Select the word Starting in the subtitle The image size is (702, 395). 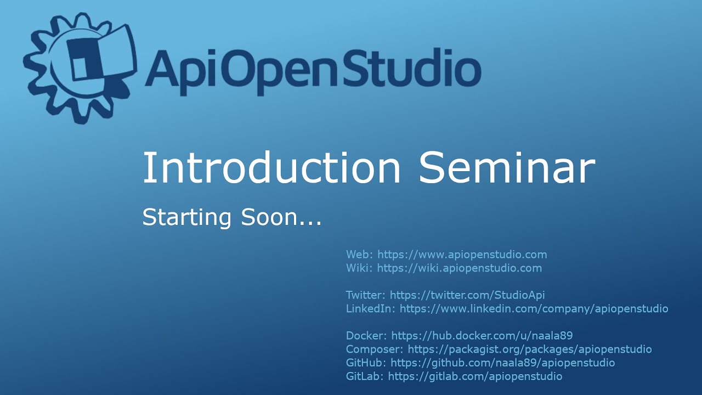[187, 218]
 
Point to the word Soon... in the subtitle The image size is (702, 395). [281, 218]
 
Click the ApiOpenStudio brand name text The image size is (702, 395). [313, 68]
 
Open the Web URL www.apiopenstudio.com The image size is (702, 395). [462, 255]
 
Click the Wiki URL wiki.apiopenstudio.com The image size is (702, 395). [459, 268]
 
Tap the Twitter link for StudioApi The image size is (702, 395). [467, 295]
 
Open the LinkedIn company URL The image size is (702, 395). [534, 309]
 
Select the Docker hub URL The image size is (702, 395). [482, 336]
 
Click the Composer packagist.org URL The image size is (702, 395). [529, 349]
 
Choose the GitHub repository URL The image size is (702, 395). [502, 363]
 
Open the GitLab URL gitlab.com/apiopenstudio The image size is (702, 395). [475, 377]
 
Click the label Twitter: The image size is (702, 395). [366, 295]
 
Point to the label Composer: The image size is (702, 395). [375, 349]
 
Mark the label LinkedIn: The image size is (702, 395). [370, 309]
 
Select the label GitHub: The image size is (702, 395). [366, 363]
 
